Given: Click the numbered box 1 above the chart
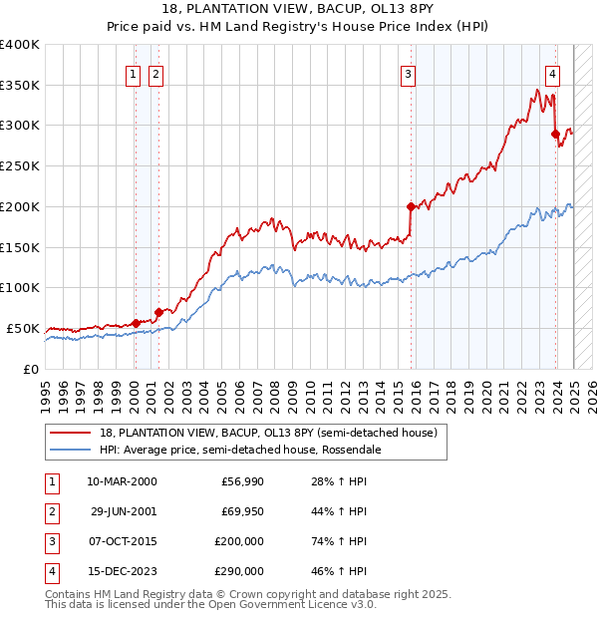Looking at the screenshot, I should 134,72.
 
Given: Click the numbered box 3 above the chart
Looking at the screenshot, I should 409,72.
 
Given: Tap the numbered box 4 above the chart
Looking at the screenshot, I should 552,72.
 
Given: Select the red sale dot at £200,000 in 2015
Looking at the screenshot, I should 411,206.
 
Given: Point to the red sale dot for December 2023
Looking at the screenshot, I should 555,134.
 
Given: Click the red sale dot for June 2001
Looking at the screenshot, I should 158,312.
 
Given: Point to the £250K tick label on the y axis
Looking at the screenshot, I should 19,165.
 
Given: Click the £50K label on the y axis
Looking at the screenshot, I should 23,328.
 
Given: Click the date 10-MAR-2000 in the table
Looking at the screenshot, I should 122,481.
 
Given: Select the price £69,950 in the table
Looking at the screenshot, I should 241,511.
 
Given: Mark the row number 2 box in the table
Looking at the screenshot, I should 50,511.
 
